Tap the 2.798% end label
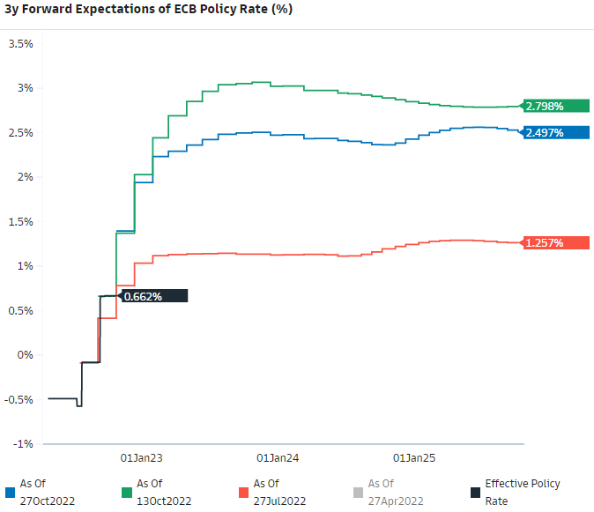pyautogui.click(x=555, y=106)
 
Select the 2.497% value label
pyautogui.click(x=555, y=132)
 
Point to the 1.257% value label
pyautogui.click(x=555, y=242)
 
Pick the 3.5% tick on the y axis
pyautogui.click(x=20, y=43)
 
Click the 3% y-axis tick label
pyautogui.click(x=24, y=88)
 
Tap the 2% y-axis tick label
pyautogui.click(x=24, y=177)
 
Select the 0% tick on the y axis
pyautogui.click(x=24, y=355)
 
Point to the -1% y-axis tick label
pyautogui.click(x=21, y=444)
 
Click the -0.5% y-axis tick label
pyautogui.click(x=18, y=399)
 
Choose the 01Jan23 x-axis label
pyautogui.click(x=142, y=458)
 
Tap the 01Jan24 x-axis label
pyautogui.click(x=278, y=458)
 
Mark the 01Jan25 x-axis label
pyautogui.click(x=414, y=458)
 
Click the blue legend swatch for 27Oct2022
pyautogui.click(x=9, y=491)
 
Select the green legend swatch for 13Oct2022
pyautogui.click(x=125, y=491)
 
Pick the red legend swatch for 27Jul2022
pyautogui.click(x=241, y=491)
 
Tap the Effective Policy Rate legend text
pyautogui.click(x=523, y=491)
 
